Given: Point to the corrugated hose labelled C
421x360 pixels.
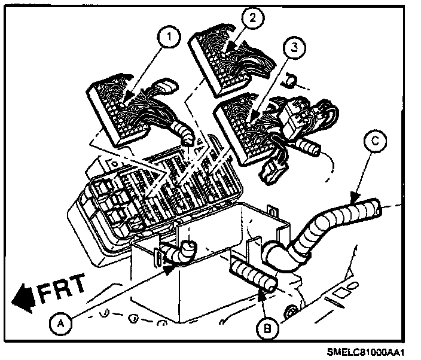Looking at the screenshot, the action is [335, 221].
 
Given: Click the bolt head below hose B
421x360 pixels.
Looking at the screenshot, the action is [292, 312].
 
